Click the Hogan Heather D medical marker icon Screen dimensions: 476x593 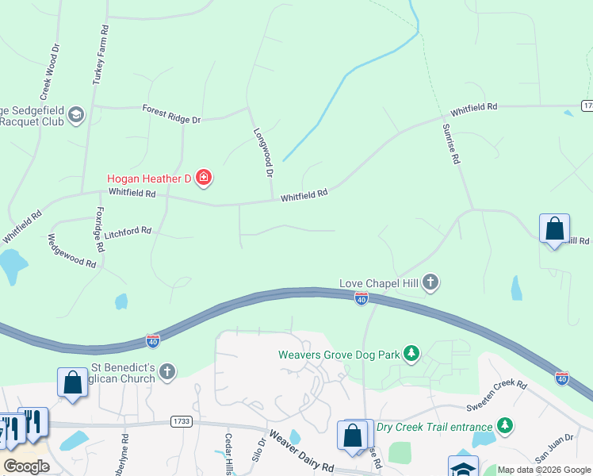204,178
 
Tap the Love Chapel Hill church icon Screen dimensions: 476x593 430,282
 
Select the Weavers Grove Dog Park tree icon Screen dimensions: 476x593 411,353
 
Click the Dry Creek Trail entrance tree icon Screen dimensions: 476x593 504,426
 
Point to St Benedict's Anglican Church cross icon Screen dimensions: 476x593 166,370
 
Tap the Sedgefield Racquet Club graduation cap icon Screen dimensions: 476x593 76,116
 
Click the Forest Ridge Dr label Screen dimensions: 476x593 171,113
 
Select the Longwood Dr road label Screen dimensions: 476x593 264,152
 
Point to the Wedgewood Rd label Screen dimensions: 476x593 71,251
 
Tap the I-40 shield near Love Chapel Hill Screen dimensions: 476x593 362,299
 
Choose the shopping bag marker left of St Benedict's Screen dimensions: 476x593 72,382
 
